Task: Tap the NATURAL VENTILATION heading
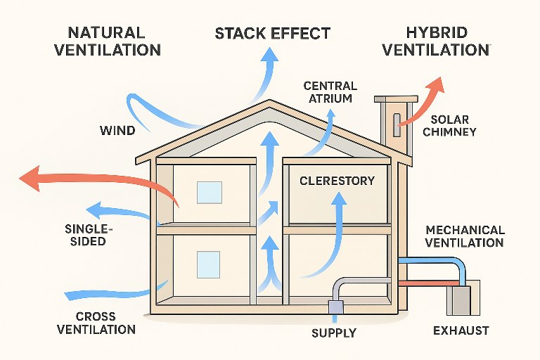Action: tap(114, 41)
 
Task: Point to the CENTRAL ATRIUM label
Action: tap(330, 92)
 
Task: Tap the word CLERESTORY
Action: tap(337, 181)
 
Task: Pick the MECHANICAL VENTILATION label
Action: tap(465, 236)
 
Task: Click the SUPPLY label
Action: tap(334, 333)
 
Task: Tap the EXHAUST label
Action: tap(461, 330)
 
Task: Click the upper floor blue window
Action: tap(209, 193)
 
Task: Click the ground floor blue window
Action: tap(208, 264)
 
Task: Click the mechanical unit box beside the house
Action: tap(463, 297)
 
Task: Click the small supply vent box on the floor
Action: tap(334, 307)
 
